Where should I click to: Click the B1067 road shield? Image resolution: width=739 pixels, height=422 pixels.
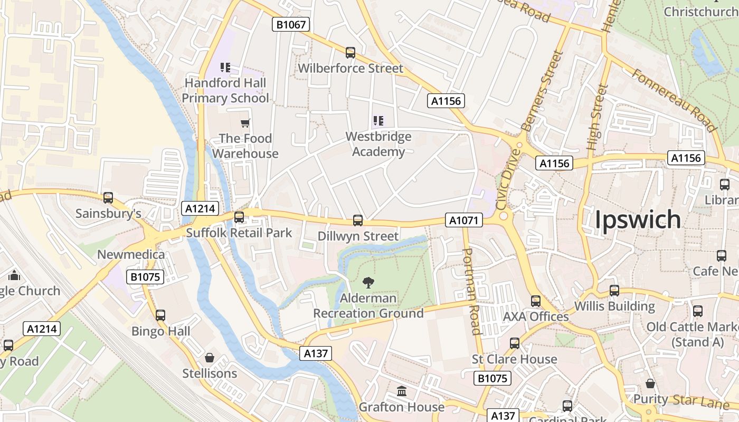291,24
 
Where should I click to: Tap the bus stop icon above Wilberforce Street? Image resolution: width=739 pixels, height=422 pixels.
350,53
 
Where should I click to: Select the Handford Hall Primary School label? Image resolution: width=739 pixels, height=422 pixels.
225,91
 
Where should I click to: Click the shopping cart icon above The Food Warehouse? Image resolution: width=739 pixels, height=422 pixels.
245,123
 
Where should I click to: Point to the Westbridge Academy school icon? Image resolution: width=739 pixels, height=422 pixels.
378,121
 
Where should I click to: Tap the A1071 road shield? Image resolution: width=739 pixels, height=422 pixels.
463,220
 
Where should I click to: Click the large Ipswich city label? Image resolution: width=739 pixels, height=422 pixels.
638,219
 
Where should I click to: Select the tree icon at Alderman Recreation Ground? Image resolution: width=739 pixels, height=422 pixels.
368,283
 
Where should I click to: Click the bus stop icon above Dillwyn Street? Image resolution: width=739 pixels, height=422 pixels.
358,220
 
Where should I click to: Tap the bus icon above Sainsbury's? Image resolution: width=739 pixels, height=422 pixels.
108,198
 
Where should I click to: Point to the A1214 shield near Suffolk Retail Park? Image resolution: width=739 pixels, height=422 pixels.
201,208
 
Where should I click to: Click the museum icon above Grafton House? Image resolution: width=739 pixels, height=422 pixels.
402,391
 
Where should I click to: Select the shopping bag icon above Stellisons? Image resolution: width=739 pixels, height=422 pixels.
210,358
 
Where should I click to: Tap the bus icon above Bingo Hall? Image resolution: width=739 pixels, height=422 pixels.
160,315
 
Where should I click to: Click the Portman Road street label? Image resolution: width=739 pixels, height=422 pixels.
471,291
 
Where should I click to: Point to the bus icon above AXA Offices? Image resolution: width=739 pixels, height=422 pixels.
536,301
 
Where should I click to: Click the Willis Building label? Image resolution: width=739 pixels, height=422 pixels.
614,306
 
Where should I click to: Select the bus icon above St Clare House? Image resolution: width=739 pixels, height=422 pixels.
515,343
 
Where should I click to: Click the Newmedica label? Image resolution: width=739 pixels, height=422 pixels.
131,255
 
